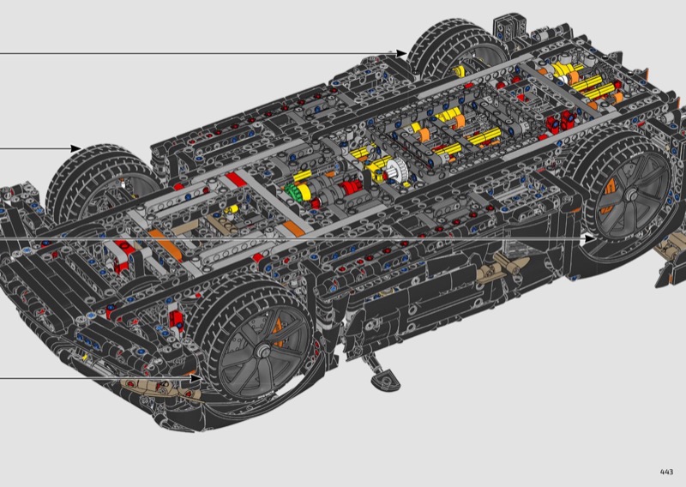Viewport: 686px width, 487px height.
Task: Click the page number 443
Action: (x=666, y=472)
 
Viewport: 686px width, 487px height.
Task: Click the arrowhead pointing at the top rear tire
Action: (x=401, y=53)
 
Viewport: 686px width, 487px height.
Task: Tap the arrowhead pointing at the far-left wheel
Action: (x=76, y=148)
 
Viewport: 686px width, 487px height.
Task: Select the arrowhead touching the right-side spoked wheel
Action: (x=590, y=239)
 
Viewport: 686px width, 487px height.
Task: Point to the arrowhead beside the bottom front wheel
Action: (x=196, y=377)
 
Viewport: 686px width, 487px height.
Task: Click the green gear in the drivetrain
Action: (x=292, y=192)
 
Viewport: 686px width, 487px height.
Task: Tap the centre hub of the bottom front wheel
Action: (x=263, y=350)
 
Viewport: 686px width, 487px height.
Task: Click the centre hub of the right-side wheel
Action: (x=630, y=195)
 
